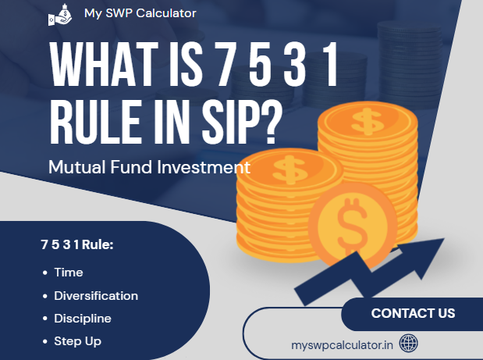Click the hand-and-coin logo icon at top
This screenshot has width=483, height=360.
click(58, 15)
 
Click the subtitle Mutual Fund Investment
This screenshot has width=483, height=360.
click(148, 166)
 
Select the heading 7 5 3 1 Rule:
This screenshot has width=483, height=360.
click(76, 245)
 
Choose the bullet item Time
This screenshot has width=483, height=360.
click(69, 273)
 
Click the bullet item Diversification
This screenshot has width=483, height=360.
click(96, 296)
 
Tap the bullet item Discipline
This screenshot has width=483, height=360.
click(83, 319)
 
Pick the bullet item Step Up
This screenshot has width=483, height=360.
click(77, 341)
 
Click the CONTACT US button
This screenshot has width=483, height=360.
click(413, 314)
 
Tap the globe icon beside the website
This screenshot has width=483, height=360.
click(408, 343)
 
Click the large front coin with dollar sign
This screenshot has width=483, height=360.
click(353, 223)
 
